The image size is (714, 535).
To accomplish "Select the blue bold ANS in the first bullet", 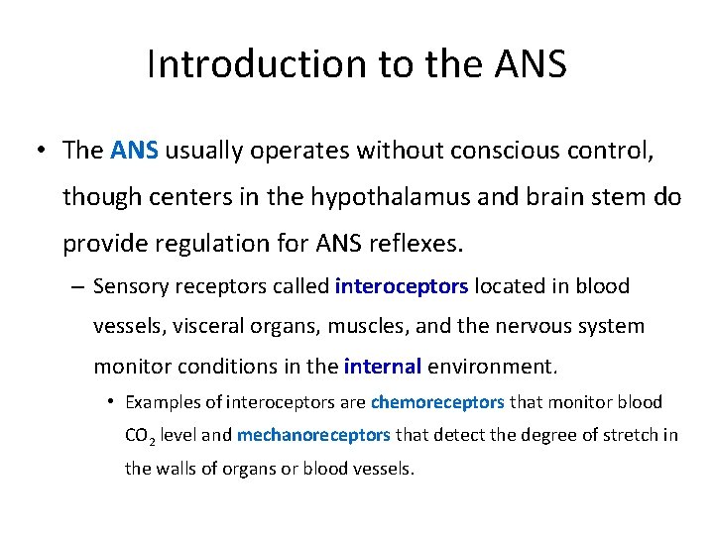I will pyautogui.click(x=135, y=151).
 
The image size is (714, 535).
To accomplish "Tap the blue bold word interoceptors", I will pyautogui.click(x=402, y=287).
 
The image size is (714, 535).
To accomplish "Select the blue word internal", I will pyautogui.click(x=383, y=367).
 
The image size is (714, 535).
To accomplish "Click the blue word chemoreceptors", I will pyautogui.click(x=437, y=403).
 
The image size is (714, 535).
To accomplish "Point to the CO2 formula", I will pyautogui.click(x=139, y=437).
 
